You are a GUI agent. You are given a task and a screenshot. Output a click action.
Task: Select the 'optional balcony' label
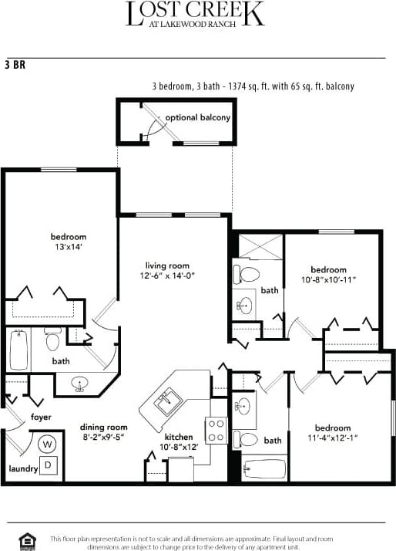(198, 118)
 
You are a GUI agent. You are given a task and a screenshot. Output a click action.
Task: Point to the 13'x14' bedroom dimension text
(68, 247)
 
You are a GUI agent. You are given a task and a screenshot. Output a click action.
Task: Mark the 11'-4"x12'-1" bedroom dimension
(333, 438)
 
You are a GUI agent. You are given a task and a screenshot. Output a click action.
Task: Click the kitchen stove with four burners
(215, 430)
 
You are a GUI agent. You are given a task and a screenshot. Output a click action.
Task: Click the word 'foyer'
(41, 417)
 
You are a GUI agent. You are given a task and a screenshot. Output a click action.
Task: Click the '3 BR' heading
(15, 65)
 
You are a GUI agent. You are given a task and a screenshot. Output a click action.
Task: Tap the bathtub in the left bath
(20, 350)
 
